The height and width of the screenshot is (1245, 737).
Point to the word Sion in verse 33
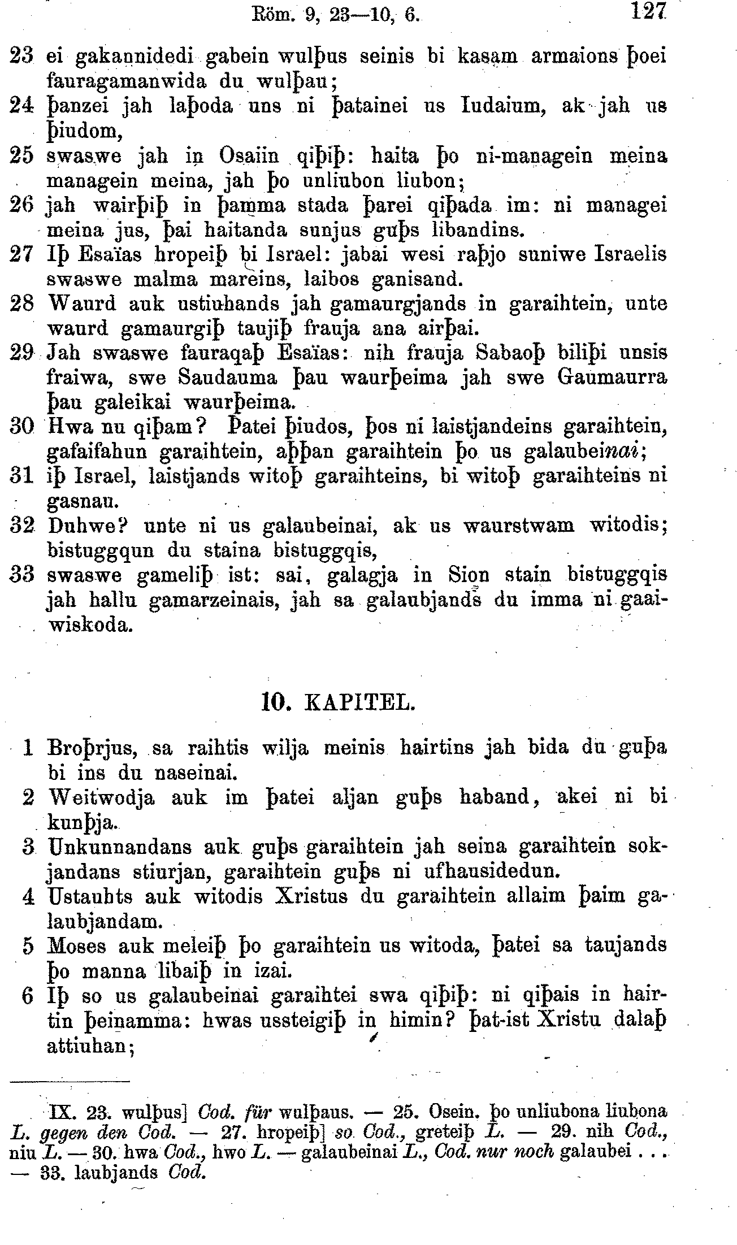[469, 575]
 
